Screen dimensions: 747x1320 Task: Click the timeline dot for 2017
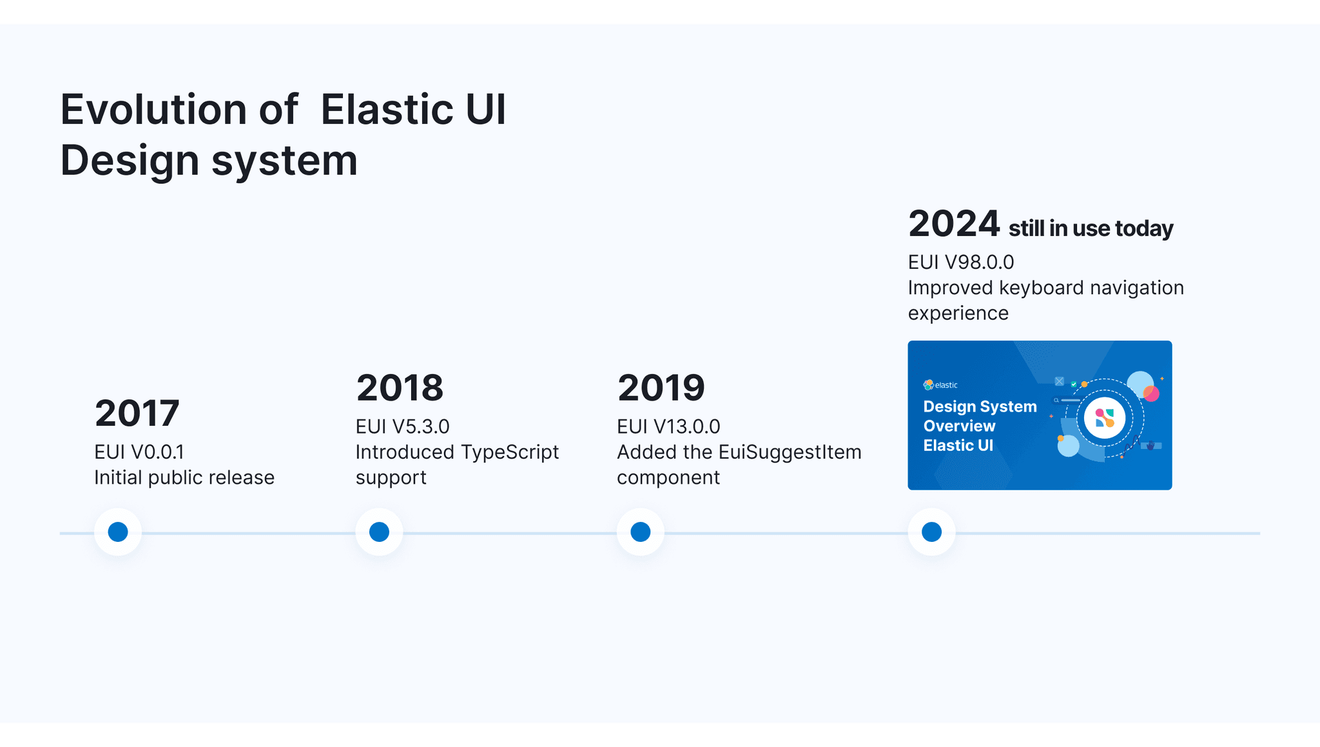pyautogui.click(x=118, y=532)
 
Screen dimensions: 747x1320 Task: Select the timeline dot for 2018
pyautogui.click(x=379, y=532)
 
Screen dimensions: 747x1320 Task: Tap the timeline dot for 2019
pyautogui.click(x=640, y=532)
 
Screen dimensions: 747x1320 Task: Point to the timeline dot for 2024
pyautogui.click(x=931, y=532)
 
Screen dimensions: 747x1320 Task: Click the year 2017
pyautogui.click(x=137, y=413)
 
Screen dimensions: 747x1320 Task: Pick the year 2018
pyautogui.click(x=400, y=388)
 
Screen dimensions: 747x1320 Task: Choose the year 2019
pyautogui.click(x=661, y=388)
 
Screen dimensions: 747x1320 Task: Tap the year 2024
pyautogui.click(x=954, y=224)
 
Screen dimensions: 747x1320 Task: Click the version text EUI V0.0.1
pyautogui.click(x=139, y=452)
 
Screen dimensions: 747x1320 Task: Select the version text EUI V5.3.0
pyautogui.click(x=402, y=426)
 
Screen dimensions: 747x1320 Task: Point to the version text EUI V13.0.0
pyautogui.click(x=668, y=426)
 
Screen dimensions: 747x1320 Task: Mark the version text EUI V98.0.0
pyautogui.click(x=960, y=263)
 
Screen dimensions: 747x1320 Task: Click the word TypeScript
pyautogui.click(x=509, y=452)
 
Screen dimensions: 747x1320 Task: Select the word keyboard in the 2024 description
pyautogui.click(x=1041, y=288)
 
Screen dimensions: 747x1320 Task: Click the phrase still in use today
pyautogui.click(x=1091, y=228)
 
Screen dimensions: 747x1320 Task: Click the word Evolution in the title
pyautogui.click(x=153, y=109)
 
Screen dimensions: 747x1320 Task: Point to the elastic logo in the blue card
pyautogui.click(x=940, y=385)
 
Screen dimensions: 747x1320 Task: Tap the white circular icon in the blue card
pyautogui.click(x=1104, y=418)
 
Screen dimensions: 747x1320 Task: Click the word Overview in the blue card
pyautogui.click(x=959, y=426)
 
